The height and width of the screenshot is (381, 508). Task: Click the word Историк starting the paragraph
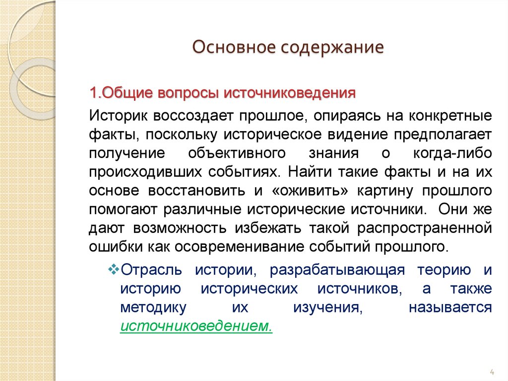(118, 116)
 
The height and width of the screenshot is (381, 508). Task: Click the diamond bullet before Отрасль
(112, 270)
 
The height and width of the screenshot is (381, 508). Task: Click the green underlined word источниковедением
(196, 326)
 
